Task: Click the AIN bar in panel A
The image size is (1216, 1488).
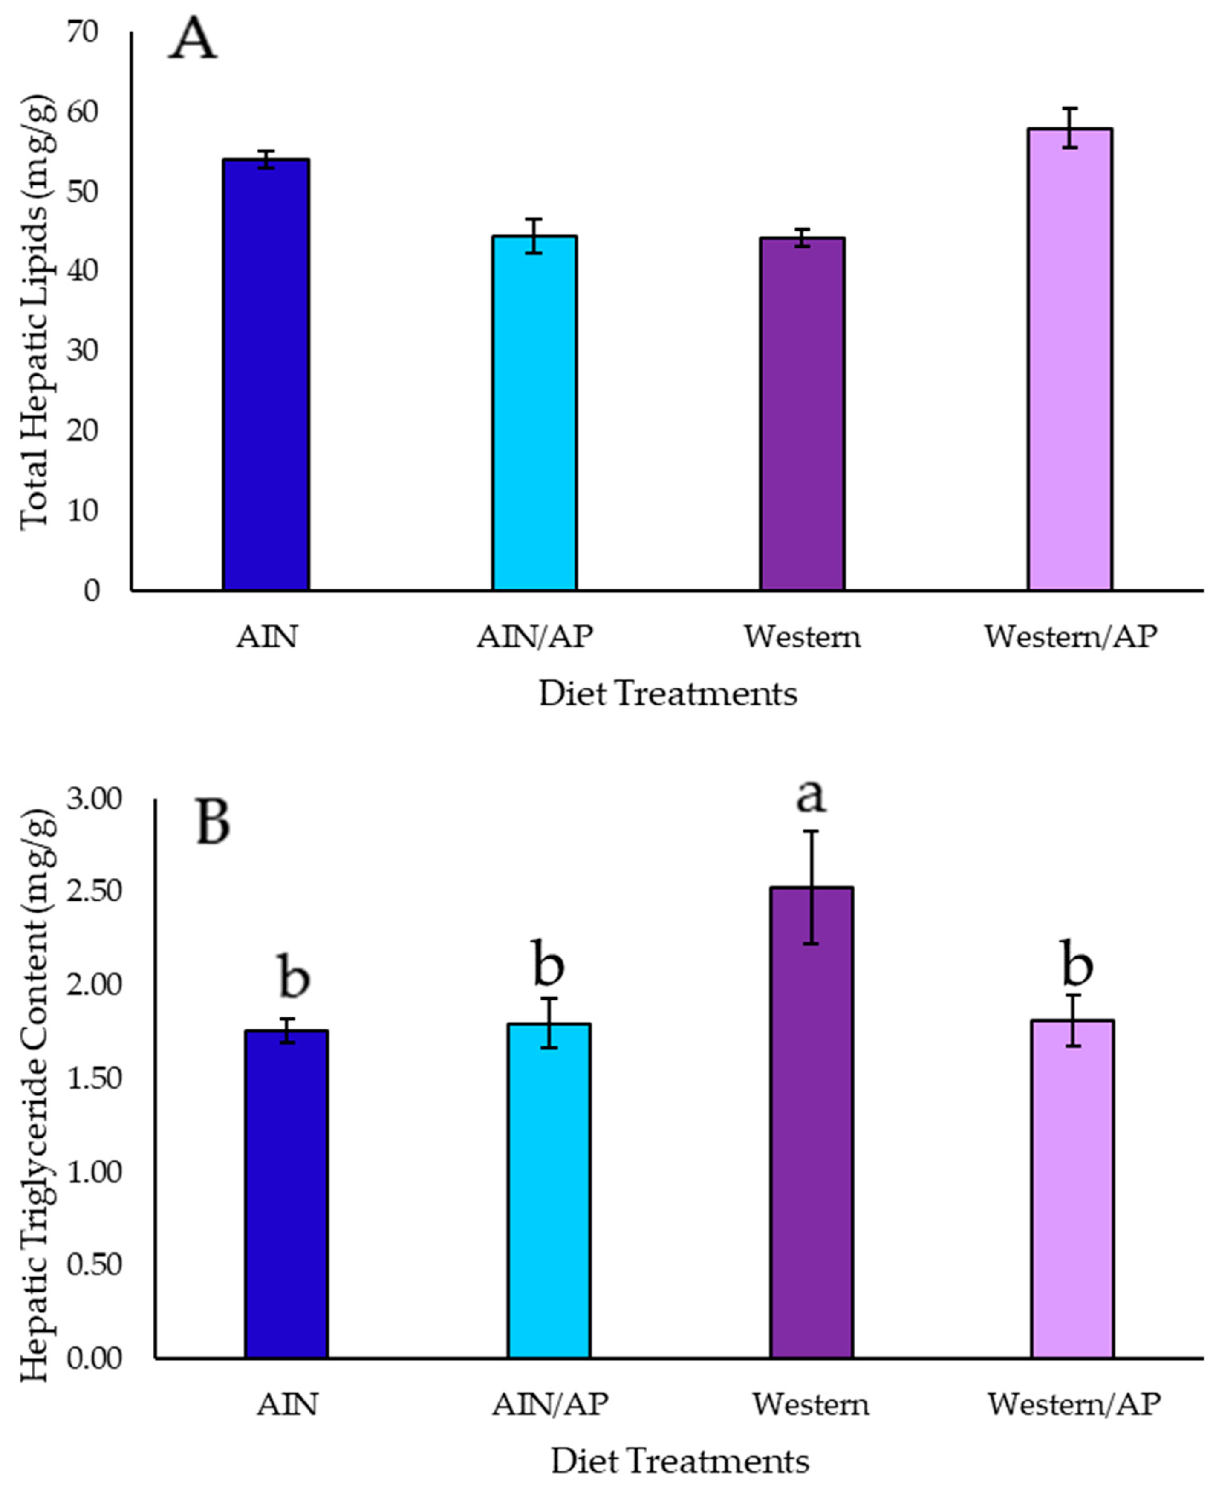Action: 266,375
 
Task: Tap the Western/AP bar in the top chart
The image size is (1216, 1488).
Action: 1070,359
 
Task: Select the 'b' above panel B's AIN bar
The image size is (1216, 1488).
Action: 294,976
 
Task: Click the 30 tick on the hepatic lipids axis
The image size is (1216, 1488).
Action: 83,350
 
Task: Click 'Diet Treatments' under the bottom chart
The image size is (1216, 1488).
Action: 679,1461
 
